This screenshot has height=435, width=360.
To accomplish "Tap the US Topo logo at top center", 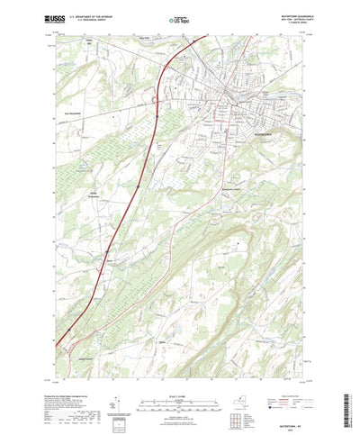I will [179, 17].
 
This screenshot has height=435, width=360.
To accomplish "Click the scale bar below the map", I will [180, 382].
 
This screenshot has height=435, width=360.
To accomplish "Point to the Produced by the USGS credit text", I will [63, 371].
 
